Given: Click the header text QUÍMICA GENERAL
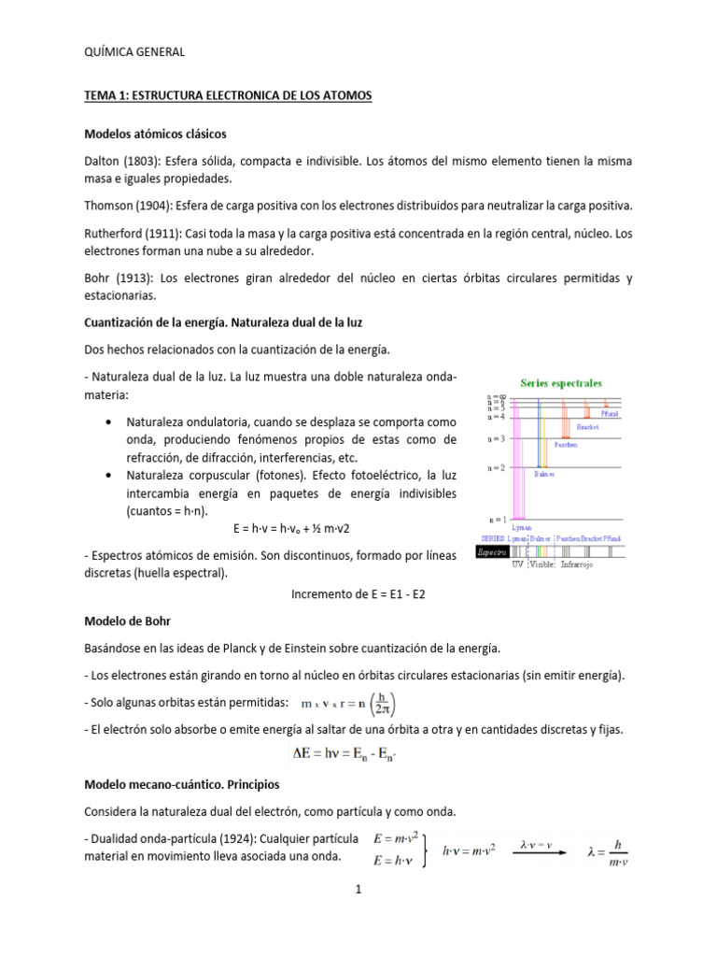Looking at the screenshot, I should pyautogui.click(x=134, y=52).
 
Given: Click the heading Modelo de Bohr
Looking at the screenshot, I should pyautogui.click(x=127, y=621).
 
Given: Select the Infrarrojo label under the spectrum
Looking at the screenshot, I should pyautogui.click(x=583, y=564).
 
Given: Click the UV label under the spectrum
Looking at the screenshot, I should pyautogui.click(x=517, y=564).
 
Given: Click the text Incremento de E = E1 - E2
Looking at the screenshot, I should pyautogui.click(x=358, y=593).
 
